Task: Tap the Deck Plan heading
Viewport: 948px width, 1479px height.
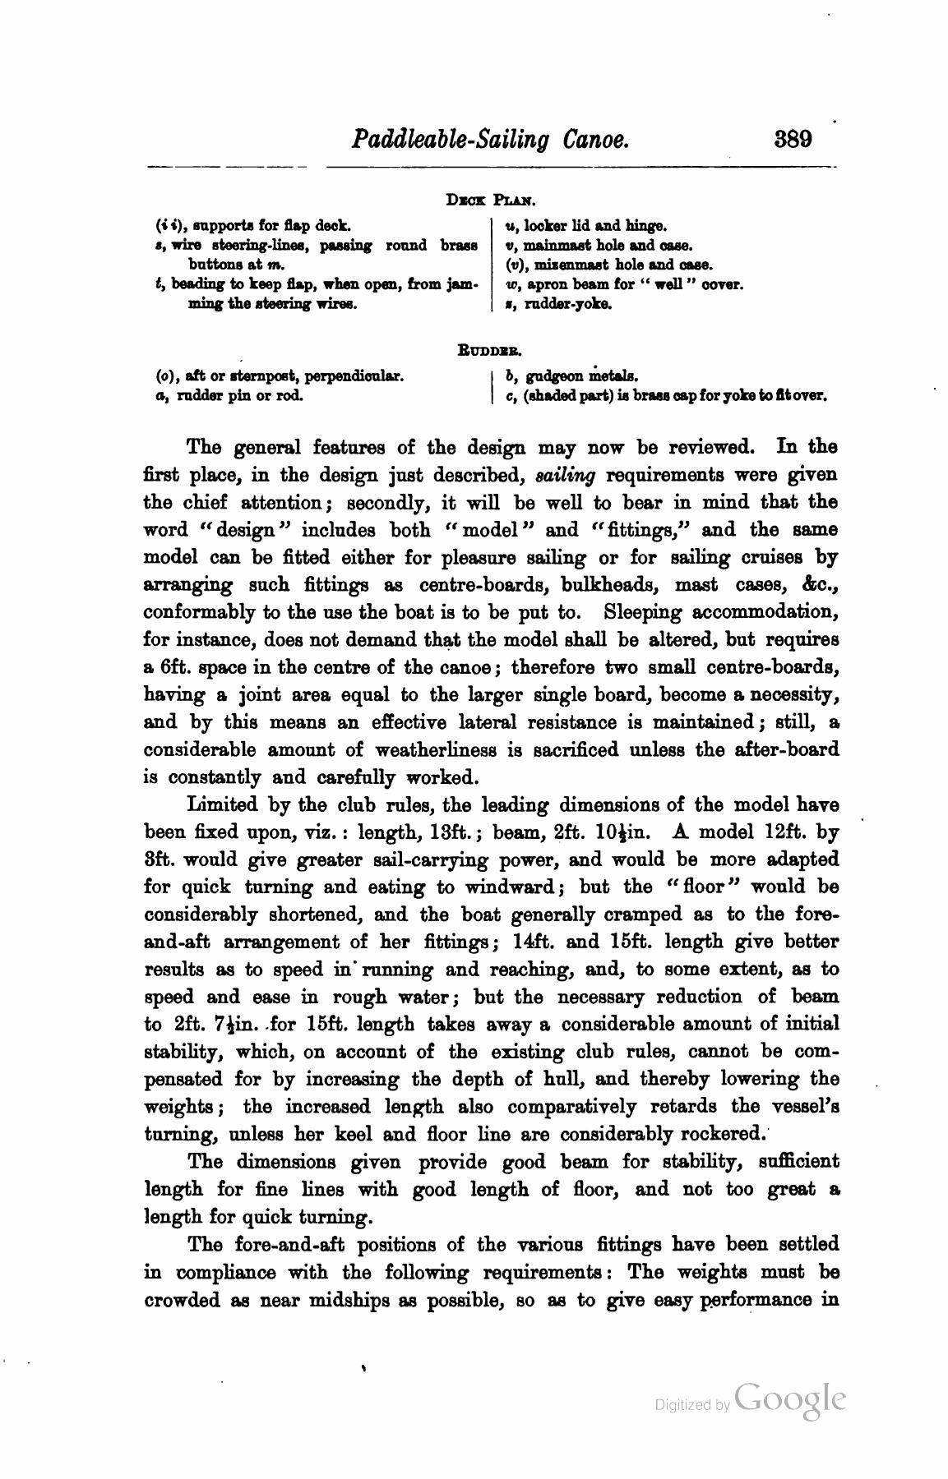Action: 490,200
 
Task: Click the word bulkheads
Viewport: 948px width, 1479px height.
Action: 609,585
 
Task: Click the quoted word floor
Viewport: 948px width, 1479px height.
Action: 697,887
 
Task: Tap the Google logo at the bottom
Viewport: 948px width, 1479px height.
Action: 790,1399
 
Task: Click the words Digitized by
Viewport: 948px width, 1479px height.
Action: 691,1405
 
